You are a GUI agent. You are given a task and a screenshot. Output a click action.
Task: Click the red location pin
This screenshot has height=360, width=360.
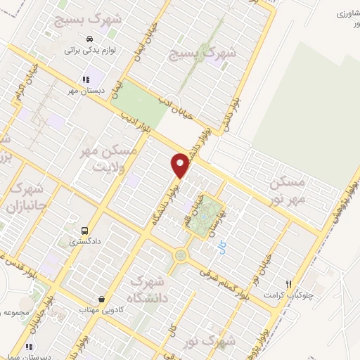coord(181,165)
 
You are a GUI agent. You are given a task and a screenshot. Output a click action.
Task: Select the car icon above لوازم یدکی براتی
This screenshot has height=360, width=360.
coord(89,38)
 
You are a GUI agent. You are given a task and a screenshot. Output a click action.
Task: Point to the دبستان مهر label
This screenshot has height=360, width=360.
coord(82,91)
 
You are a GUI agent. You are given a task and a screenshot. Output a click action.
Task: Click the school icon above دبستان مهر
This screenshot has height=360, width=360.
coord(85,79)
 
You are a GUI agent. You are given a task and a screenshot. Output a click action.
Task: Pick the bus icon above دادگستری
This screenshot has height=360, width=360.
coord(85,230)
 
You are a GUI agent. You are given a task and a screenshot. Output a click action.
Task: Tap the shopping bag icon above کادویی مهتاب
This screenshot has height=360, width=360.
coord(103,299)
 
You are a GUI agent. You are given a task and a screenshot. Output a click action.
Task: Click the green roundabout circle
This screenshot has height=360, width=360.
coord(181,256)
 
